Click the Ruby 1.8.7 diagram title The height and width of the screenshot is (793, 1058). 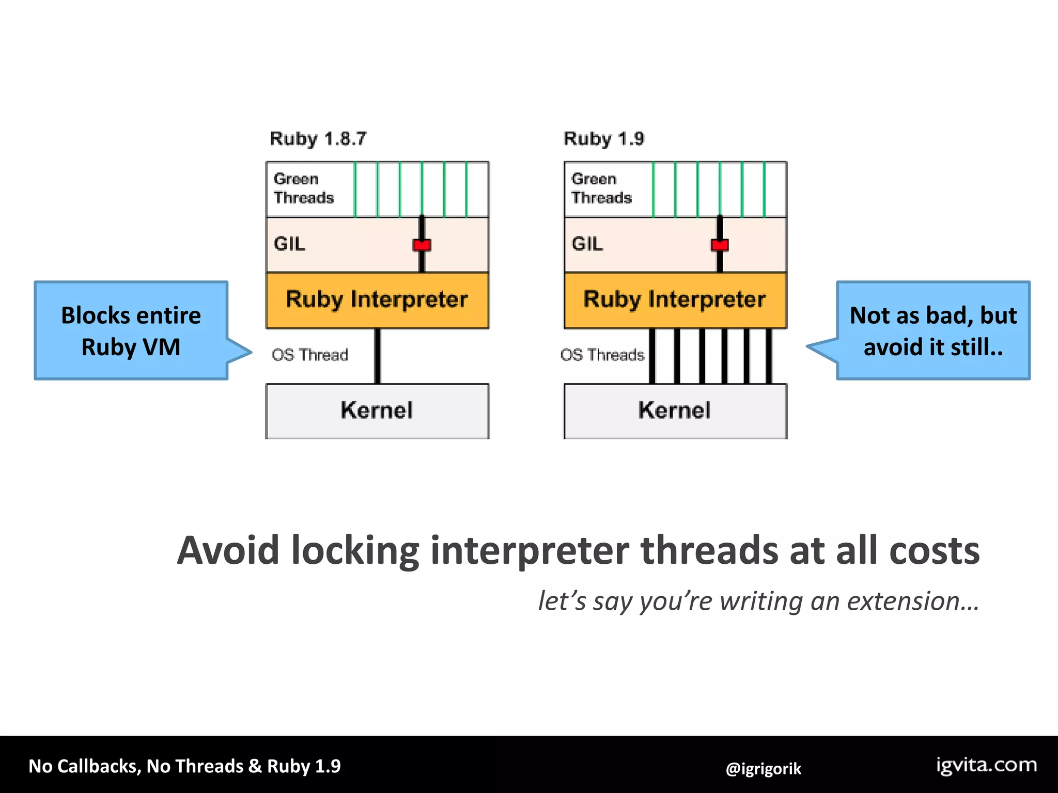(318, 138)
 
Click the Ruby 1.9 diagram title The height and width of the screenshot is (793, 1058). (604, 138)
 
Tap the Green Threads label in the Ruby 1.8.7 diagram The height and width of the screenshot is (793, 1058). (303, 188)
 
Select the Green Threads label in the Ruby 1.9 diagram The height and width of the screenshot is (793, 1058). (601, 188)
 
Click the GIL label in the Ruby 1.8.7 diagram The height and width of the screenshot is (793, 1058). (289, 244)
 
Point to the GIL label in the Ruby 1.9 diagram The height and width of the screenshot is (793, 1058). (587, 244)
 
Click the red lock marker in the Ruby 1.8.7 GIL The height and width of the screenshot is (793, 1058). (422, 245)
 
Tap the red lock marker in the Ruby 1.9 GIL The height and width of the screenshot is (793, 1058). (720, 245)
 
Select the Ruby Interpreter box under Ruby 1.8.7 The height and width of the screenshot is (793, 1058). (377, 300)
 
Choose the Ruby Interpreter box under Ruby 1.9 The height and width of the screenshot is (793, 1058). (675, 300)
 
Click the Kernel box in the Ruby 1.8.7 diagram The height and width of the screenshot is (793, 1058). (377, 411)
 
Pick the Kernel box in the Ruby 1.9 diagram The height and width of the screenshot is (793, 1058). (675, 411)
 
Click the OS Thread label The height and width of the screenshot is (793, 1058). (310, 355)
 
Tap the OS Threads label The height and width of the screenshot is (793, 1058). (602, 355)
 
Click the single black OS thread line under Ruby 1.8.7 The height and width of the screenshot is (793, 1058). (378, 356)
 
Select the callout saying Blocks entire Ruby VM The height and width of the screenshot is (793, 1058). (131, 331)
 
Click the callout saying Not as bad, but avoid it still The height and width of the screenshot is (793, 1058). (933, 331)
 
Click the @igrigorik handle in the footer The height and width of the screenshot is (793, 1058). (763, 769)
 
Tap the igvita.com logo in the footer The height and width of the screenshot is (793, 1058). (987, 765)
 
